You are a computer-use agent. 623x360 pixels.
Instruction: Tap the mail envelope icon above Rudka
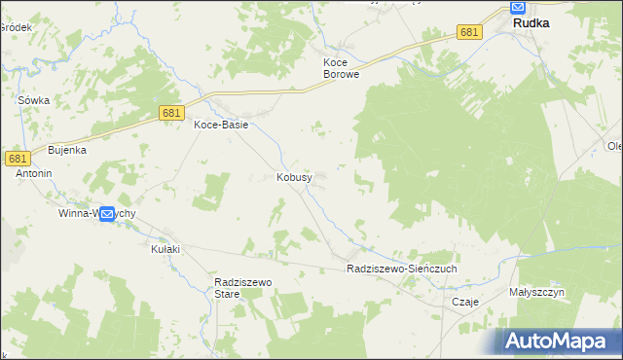tap(518, 8)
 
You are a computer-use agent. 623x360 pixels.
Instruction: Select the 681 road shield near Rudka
tap(469, 32)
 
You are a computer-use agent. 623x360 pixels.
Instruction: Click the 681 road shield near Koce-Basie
tap(171, 114)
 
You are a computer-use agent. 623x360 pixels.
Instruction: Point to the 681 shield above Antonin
tap(17, 158)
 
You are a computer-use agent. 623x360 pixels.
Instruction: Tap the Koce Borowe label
tap(342, 67)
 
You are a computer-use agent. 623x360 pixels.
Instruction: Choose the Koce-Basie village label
tap(221, 125)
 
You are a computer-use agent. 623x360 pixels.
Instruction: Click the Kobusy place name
tap(294, 178)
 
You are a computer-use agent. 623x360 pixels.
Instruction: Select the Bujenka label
tap(68, 150)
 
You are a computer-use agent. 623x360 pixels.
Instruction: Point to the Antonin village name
tap(33, 173)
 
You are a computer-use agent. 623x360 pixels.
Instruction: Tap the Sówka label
tap(34, 100)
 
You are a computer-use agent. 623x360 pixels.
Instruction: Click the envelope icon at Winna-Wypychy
tap(107, 214)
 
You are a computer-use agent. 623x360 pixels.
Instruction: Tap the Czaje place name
tap(465, 302)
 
